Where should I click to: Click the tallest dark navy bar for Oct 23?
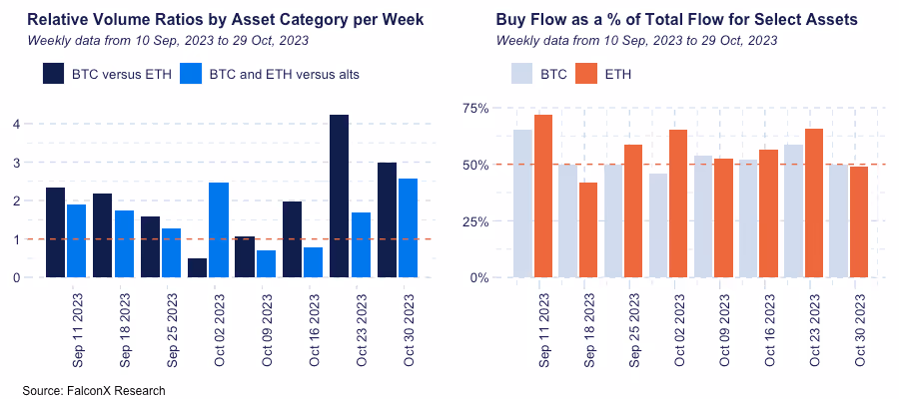coord(340,197)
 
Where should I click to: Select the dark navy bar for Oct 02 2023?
coord(198,267)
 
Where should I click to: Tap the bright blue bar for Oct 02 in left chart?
coord(219,230)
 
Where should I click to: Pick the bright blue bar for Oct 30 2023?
coord(408,228)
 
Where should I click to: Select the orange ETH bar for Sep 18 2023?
coord(588,230)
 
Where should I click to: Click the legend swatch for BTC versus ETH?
coord(54,74)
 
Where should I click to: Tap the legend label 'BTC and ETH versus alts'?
coord(284,74)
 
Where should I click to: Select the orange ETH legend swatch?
coord(587,74)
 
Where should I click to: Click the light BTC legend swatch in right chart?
coord(522,74)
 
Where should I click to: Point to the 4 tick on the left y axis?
coord(16,124)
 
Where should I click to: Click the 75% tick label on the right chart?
coord(474,108)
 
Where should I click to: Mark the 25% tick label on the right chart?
coord(474,221)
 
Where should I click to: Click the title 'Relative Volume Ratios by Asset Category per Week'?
coord(226,20)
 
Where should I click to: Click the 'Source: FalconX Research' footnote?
coord(94,390)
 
